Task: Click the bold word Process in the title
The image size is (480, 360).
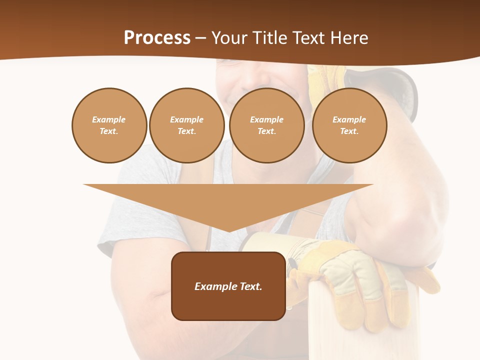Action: pyautogui.click(x=157, y=37)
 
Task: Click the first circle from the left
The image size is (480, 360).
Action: pyautogui.click(x=109, y=125)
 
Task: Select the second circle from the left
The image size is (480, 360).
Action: pyautogui.click(x=186, y=125)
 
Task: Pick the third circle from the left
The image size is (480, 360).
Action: pyautogui.click(x=266, y=125)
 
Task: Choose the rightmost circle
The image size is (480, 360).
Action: pyautogui.click(x=349, y=125)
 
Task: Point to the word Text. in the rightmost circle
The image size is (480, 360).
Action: pyautogui.click(x=349, y=131)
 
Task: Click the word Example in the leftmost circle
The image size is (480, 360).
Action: pyautogui.click(x=109, y=119)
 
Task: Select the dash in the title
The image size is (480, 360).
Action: pyautogui.click(x=201, y=37)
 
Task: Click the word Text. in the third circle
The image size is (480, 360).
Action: pyautogui.click(x=266, y=131)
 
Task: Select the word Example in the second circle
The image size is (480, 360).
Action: pyautogui.click(x=186, y=119)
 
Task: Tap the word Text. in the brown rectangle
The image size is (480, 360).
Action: pyautogui.click(x=250, y=286)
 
